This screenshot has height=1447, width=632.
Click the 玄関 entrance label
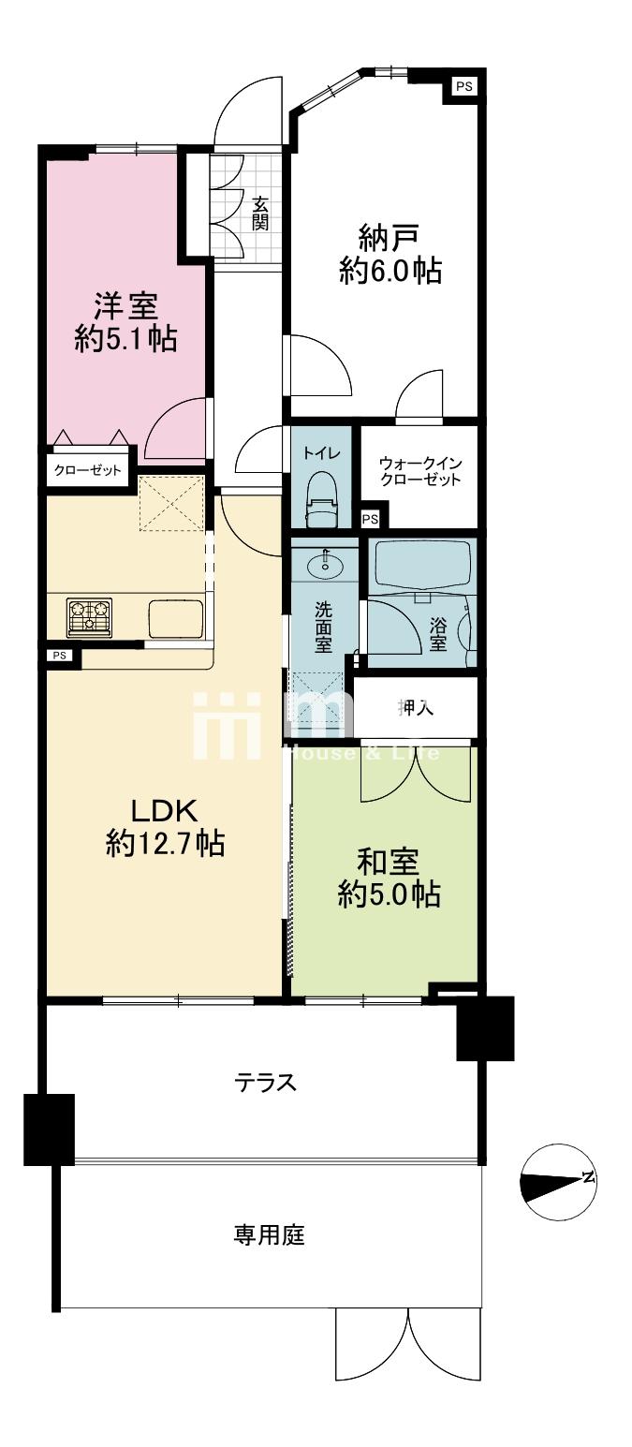point(260,214)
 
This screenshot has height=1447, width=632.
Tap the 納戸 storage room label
point(389,237)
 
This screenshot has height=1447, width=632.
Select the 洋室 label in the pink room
point(126,305)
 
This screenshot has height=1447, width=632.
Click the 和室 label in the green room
point(389,861)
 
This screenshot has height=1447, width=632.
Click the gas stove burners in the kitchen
point(90,617)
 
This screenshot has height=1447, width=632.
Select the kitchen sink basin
point(176,618)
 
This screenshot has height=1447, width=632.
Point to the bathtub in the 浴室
point(425,566)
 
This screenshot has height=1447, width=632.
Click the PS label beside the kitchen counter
point(59,656)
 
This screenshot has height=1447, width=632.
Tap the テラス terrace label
point(265,1082)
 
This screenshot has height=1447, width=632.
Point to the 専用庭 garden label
point(269,1234)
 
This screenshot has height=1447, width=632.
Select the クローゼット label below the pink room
point(88,469)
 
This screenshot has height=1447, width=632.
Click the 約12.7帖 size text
point(166,842)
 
